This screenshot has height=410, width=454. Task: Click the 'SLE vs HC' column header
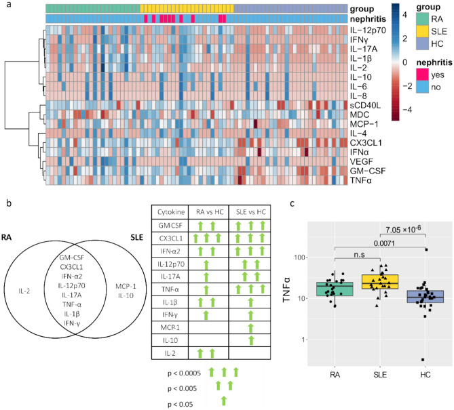coord(249,211)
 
